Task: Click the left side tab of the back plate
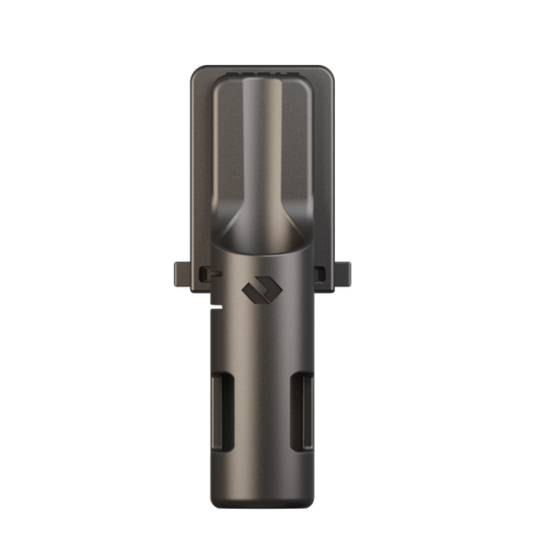pos(179,273)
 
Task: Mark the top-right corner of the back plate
pos(328,69)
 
